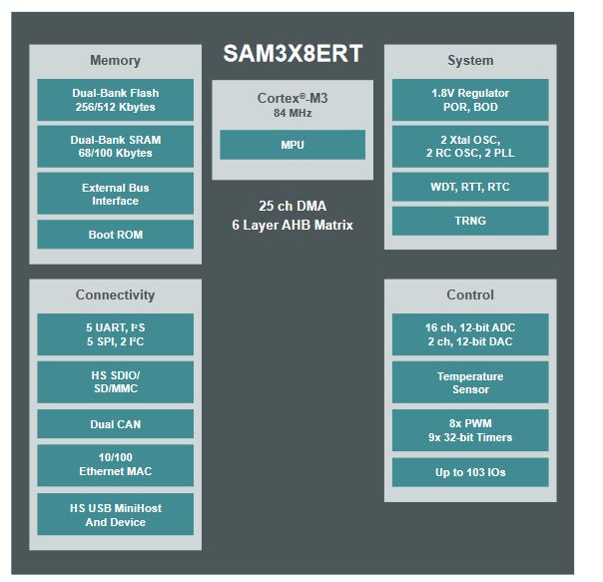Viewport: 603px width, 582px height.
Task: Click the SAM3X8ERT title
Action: tap(292, 54)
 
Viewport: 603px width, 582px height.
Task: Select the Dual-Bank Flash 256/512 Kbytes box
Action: tap(115, 100)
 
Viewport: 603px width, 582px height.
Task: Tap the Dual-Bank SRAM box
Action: tap(115, 147)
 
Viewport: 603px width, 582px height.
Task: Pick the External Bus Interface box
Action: tap(115, 194)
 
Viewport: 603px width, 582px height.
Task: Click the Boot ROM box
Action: tap(115, 235)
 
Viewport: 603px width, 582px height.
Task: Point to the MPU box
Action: tap(293, 145)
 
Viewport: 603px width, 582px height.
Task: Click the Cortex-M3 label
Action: tap(293, 98)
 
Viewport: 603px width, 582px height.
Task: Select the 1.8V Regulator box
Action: tap(470, 100)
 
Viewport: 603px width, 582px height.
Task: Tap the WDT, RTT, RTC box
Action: tap(470, 187)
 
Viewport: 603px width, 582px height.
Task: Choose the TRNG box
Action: tap(470, 221)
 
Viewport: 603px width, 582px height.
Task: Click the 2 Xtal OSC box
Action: tap(470, 147)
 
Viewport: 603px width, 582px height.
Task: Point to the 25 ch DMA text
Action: tap(293, 207)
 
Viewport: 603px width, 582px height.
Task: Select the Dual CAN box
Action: tap(115, 424)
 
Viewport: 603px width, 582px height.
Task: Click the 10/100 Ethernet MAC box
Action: tap(115, 464)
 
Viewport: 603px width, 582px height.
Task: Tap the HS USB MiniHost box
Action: tap(115, 514)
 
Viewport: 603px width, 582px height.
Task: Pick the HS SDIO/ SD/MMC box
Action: tap(115, 382)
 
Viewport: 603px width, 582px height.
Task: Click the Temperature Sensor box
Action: tap(470, 382)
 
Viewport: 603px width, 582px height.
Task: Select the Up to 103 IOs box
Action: tap(470, 471)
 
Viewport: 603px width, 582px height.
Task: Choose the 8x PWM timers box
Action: tap(470, 430)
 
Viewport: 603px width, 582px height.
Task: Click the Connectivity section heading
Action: tap(115, 294)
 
